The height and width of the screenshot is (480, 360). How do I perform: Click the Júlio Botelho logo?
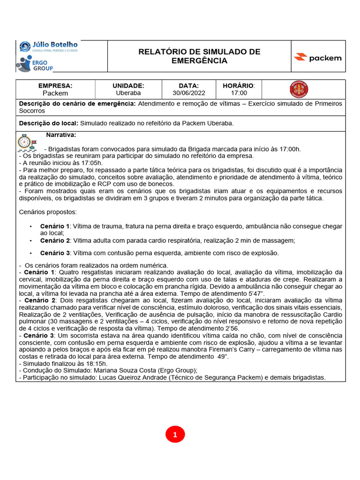click(x=48, y=47)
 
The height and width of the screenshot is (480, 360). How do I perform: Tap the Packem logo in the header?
click(x=317, y=58)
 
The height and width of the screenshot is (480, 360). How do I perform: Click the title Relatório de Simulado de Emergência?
click(x=199, y=56)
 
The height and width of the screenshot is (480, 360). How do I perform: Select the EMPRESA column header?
click(x=55, y=86)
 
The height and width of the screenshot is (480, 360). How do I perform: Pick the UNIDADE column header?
click(x=128, y=86)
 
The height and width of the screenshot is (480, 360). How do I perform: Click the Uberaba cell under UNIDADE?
click(x=128, y=93)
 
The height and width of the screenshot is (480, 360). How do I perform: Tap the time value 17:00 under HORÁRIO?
click(x=238, y=93)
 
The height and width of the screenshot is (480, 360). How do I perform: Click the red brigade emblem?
click(x=299, y=89)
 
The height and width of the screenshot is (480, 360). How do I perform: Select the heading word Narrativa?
click(x=61, y=135)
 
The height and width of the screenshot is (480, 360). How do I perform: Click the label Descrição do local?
click(x=48, y=123)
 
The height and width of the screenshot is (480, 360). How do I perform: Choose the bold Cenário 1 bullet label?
click(x=55, y=226)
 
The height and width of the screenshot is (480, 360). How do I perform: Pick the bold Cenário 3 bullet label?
click(x=55, y=253)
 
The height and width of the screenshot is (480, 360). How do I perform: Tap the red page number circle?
click(x=175, y=435)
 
